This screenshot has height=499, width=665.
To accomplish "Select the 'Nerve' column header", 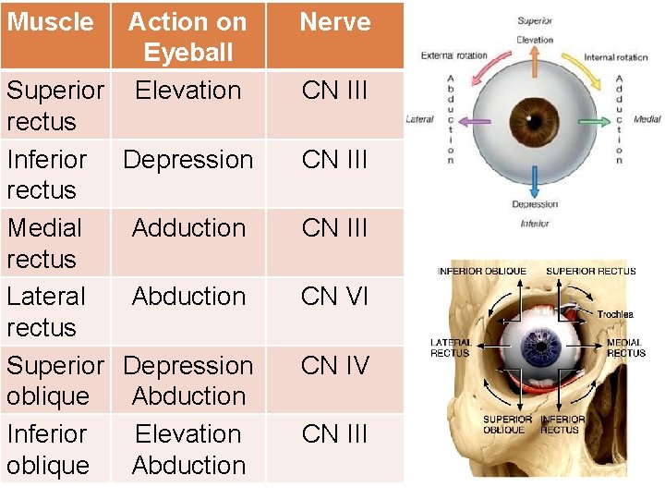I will (x=334, y=22).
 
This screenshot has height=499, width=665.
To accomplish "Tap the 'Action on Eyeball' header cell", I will (x=187, y=36).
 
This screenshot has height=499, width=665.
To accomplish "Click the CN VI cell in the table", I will (x=334, y=297).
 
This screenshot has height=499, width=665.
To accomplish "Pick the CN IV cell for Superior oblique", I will (x=334, y=365).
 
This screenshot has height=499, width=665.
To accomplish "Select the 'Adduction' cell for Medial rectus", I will (x=188, y=228).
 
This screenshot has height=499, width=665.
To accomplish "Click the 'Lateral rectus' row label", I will (x=46, y=311).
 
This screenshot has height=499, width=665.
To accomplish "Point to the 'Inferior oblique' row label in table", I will (x=48, y=449).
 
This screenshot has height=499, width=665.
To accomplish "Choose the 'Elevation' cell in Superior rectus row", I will (x=187, y=91).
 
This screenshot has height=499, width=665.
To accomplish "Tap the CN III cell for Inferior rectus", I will (x=334, y=159).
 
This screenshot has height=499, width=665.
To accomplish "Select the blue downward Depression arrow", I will (x=534, y=180).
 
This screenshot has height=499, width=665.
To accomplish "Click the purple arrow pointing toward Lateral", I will (x=474, y=121).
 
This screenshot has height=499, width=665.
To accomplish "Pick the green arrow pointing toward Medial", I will (x=594, y=121).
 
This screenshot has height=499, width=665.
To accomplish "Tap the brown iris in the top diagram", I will (x=534, y=121).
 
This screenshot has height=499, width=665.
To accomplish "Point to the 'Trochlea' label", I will (x=614, y=314).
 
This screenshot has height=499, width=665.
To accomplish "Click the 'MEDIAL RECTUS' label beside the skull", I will (x=625, y=348).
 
